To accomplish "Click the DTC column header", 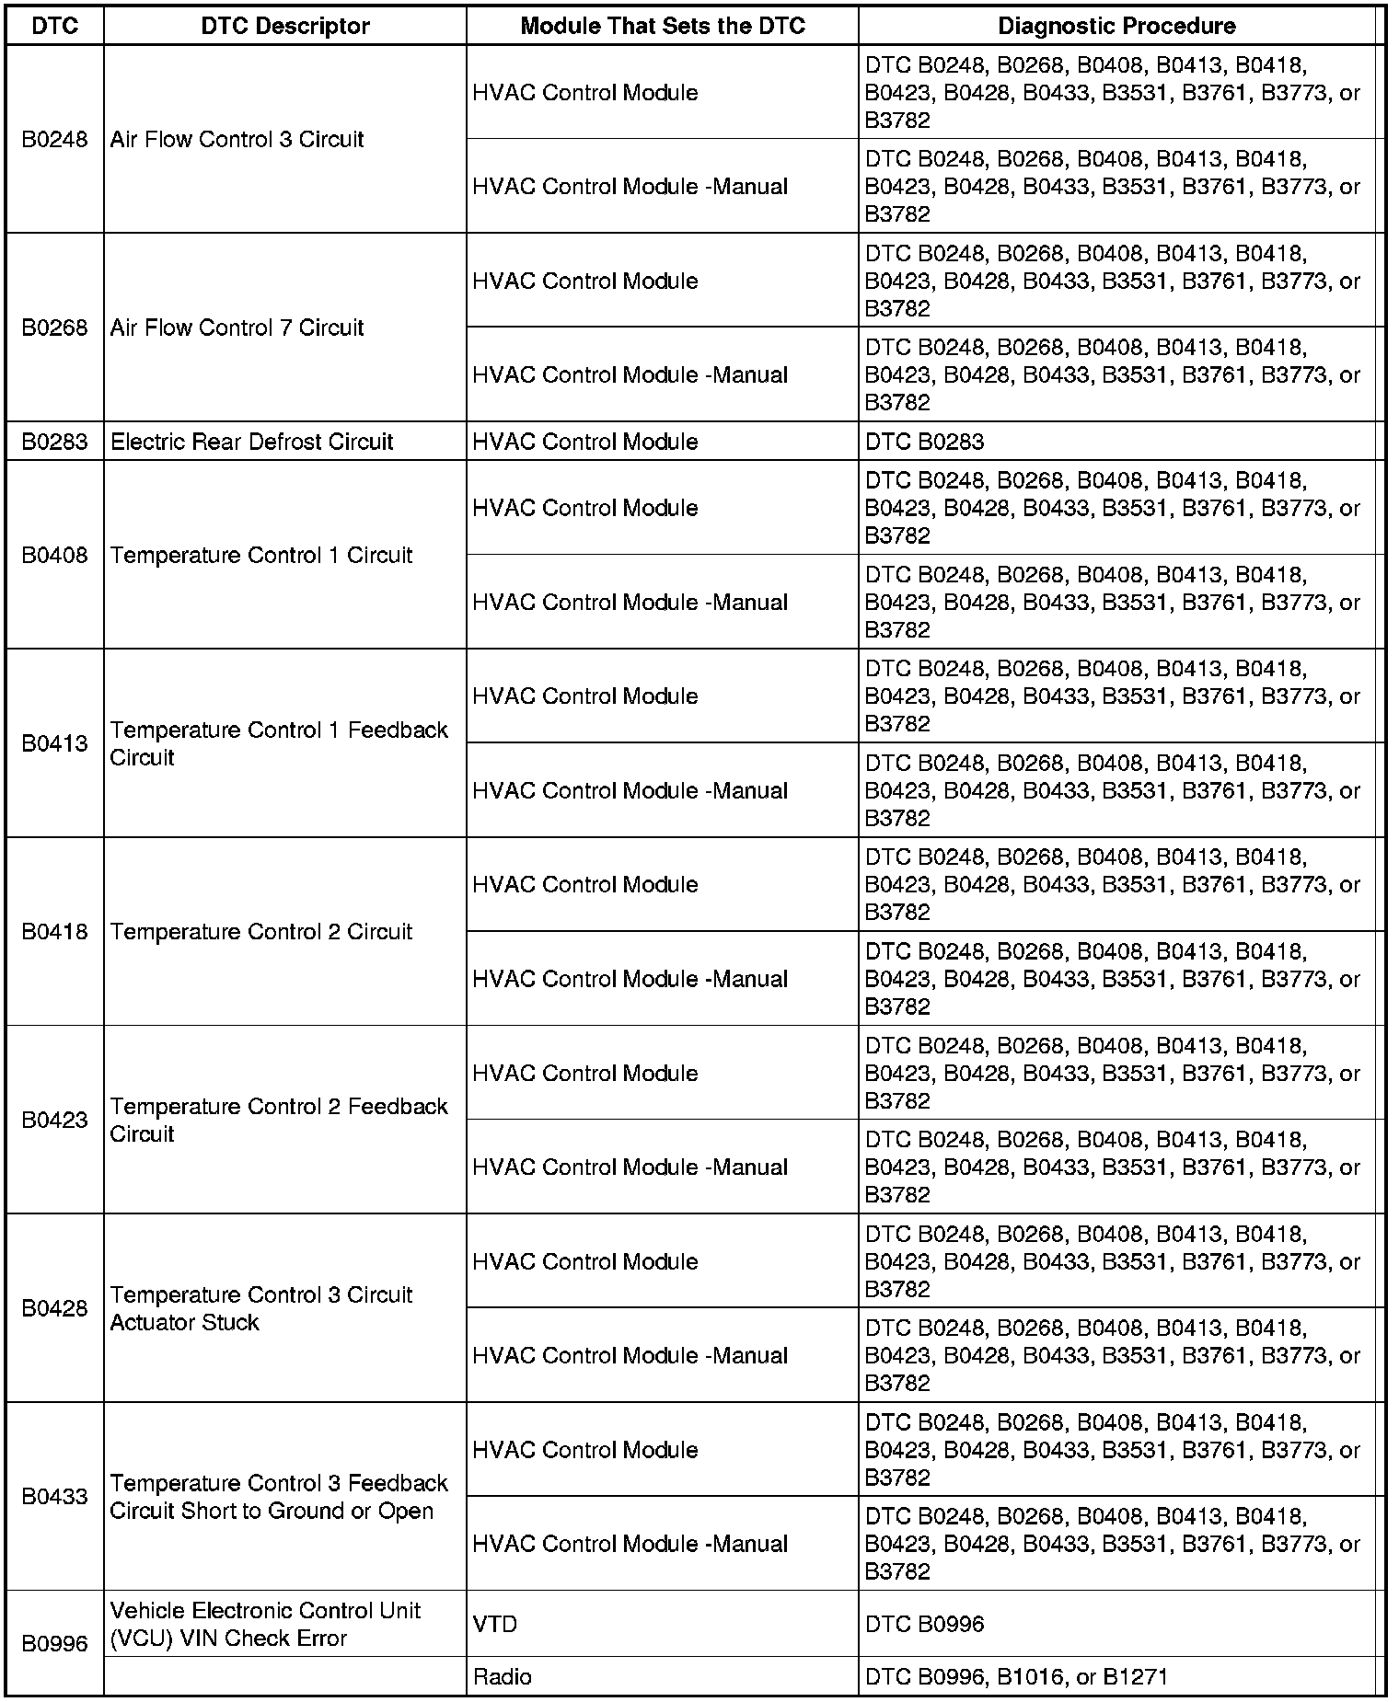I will pos(54,26).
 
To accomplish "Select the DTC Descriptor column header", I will pos(284,26).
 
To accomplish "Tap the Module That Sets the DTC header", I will pos(662,26).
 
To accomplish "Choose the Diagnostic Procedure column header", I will pos(1116,26).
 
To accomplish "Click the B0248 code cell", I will pos(54,139).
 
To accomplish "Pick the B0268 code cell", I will pos(54,328).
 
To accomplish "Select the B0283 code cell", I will pos(54,442).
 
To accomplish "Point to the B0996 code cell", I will pos(54,1643).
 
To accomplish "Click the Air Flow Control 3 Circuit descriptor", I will pos(237,139).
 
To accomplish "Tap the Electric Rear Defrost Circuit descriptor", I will pos(251,442).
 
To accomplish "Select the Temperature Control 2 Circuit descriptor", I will pos(260,932).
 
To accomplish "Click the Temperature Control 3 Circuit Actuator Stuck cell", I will pos(260,1308).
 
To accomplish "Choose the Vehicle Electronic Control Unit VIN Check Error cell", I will pos(265,1624).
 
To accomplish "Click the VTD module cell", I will pos(495,1624).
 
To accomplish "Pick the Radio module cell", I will pos(502,1676).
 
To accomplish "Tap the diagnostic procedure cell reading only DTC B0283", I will pos(924,442).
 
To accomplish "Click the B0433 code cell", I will pos(54,1497).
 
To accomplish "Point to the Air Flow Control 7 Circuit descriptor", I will pos(237,328).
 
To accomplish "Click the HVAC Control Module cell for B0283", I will pos(584,442).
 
